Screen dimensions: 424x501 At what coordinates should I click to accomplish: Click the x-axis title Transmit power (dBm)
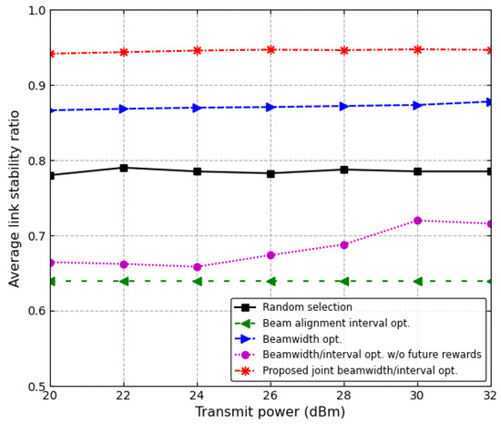point(270,412)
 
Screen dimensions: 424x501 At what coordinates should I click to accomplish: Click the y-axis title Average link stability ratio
point(15,198)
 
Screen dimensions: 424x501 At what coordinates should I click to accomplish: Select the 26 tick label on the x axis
point(270,396)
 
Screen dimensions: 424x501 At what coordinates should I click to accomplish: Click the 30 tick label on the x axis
point(417,396)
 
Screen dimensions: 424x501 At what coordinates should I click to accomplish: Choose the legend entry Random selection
point(300,308)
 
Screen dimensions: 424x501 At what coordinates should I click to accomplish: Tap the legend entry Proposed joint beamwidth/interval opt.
point(360,371)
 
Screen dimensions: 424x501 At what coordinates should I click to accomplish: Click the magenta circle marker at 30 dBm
point(417,221)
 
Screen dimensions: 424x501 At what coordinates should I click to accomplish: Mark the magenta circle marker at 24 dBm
point(197,267)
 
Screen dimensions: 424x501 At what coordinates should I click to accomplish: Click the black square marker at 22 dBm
point(124,168)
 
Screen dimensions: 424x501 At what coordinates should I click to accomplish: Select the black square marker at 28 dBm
point(343,170)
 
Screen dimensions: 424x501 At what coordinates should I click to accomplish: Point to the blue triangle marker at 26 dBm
point(270,108)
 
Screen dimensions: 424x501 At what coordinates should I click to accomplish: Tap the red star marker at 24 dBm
point(197,51)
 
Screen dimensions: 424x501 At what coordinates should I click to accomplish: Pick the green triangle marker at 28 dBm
point(343,281)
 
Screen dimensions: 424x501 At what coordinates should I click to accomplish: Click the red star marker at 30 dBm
point(417,49)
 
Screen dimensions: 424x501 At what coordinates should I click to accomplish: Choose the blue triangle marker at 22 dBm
point(124,109)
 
